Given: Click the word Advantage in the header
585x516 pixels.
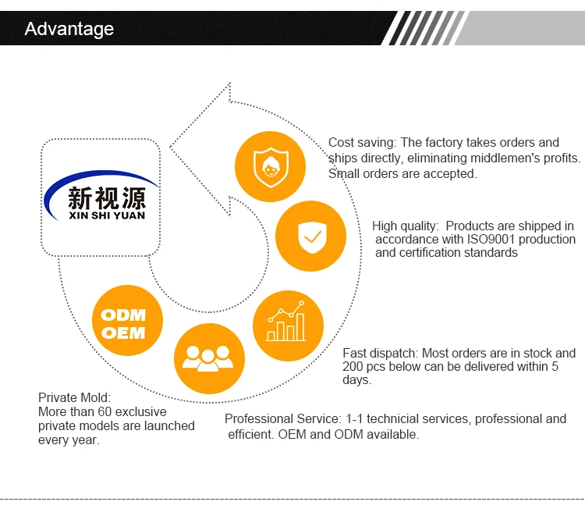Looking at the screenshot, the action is pos(69,29).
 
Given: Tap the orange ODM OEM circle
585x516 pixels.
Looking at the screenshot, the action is pos(127,320).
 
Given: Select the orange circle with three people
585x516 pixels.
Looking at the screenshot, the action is pos(209,358).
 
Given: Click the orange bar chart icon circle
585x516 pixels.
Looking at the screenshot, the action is pos(288,326).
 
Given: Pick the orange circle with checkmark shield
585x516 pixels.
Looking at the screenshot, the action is pos(310,236).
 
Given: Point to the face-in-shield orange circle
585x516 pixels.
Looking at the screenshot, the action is pos(270,166).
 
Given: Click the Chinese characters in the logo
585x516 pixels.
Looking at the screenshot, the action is pos(107,198).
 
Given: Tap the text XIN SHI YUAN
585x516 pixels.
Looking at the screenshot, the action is pos(107,215).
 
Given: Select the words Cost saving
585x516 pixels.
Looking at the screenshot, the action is pos(361,143).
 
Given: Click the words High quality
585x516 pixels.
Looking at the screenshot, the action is pos(405,226).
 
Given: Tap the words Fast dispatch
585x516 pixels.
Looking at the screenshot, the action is pos(379,353).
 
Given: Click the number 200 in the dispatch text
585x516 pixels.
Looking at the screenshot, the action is pos(353,367).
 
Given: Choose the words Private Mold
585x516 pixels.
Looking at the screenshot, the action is pos(74,397).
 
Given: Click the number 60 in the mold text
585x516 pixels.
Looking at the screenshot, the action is pos(105,412).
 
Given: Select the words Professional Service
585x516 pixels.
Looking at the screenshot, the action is pos(282,419).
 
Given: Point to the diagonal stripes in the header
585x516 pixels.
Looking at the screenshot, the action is pos(424,28).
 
